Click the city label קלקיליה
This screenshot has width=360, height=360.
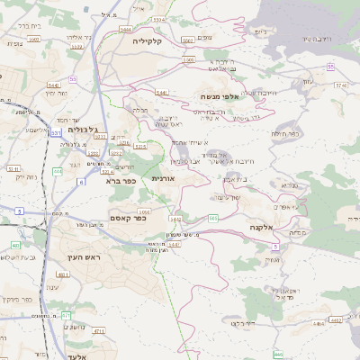(147, 41)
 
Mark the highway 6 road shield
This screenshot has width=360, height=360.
(81, 182)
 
